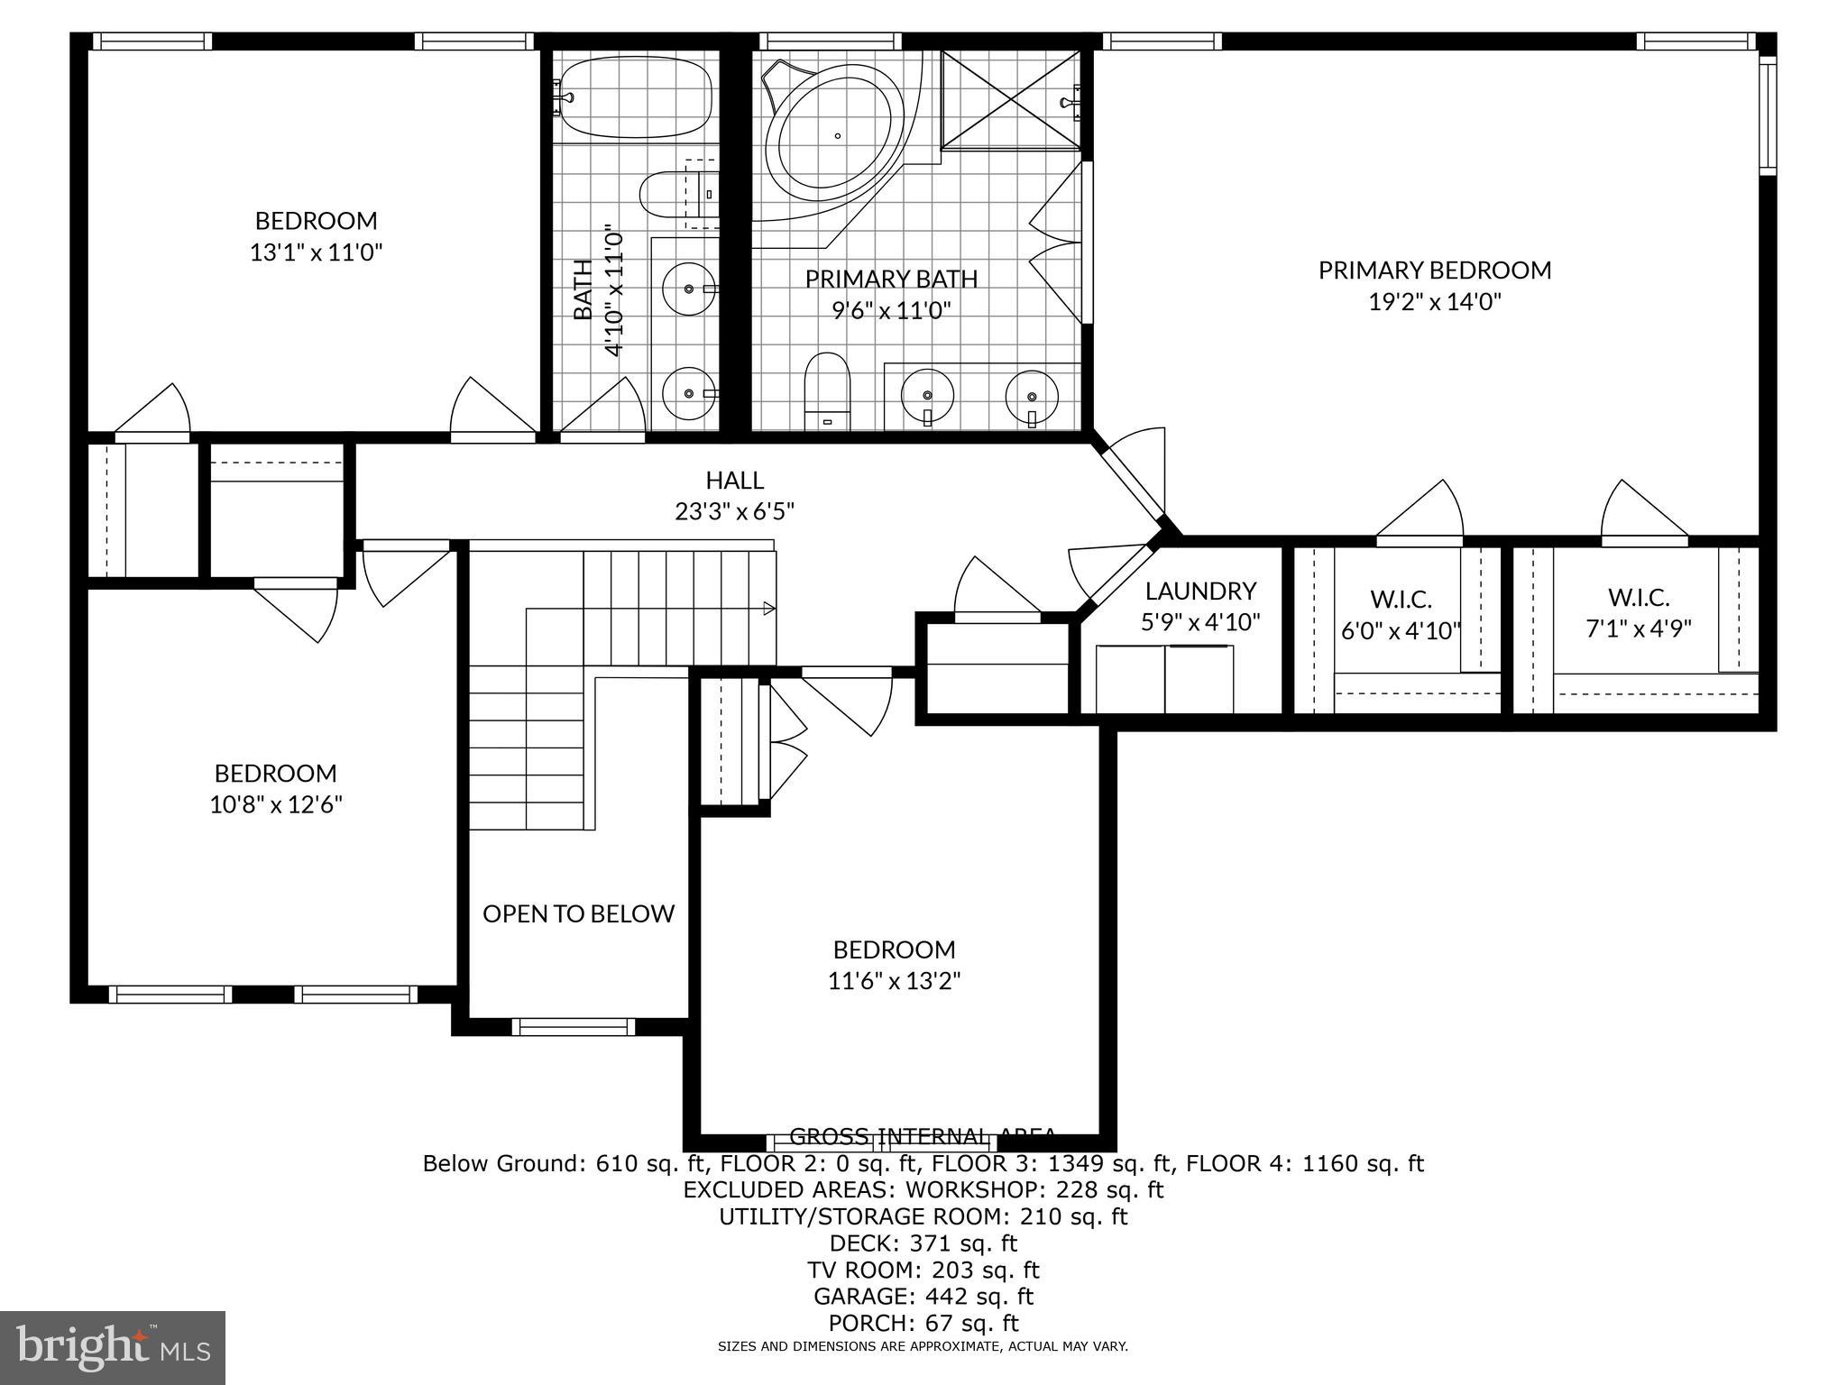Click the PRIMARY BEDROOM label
coord(1434,271)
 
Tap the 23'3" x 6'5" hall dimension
coord(734,512)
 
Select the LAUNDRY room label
coord(1200,592)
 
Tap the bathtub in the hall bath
coord(635,97)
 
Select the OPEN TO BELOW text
coord(578,914)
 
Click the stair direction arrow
coord(768,609)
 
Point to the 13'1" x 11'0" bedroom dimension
coord(316,252)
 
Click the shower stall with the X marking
coord(1010,99)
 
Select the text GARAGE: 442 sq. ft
coord(923,1297)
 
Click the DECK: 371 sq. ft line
coord(923,1243)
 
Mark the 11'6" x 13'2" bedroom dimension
coord(894,981)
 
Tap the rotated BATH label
coord(584,289)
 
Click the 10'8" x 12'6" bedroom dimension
coord(276,804)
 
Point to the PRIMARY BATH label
coord(891,280)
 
